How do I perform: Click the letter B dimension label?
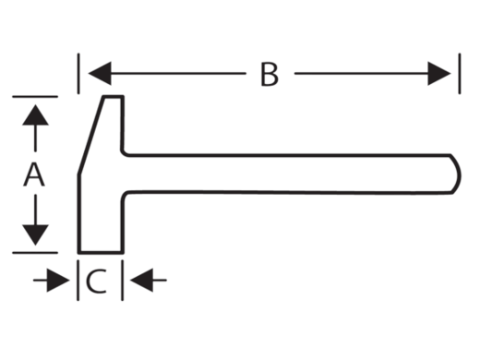270,74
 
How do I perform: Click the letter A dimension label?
34,174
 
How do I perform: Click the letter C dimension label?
96,281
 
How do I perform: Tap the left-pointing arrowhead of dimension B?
100,73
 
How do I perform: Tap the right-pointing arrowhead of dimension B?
439,73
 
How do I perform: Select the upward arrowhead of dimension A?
35,115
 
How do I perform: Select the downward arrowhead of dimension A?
35,234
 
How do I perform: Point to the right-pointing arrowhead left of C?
58,280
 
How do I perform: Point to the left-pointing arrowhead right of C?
141,280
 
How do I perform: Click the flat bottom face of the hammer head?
101,252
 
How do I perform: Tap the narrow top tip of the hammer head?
114,97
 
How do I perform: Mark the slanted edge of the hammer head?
90,136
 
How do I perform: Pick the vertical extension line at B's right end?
460,73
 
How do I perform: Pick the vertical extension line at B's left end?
78,73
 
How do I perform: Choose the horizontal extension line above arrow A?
35,97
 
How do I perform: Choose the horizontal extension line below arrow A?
35,253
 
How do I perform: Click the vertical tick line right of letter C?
123,280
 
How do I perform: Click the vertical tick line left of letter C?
78,280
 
